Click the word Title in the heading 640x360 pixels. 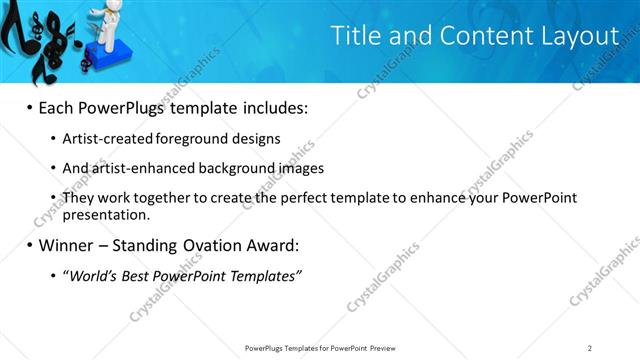[357, 37]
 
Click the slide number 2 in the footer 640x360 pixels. [590, 348]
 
